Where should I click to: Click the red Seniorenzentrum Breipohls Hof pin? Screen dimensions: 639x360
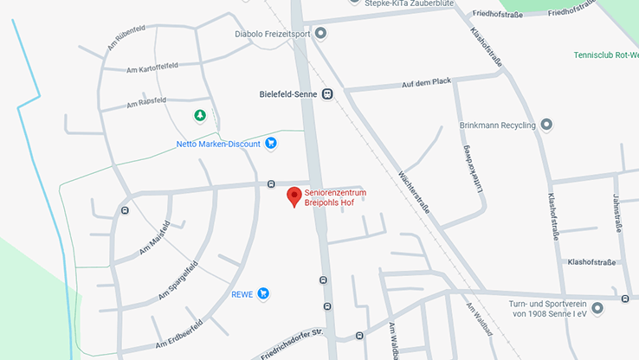click(294, 196)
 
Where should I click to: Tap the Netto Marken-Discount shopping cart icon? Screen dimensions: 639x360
click(271, 144)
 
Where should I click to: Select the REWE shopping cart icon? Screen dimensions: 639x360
click(263, 294)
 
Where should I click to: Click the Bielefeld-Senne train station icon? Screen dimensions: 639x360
click(326, 93)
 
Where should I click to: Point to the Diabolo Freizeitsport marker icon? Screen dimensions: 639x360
click(320, 34)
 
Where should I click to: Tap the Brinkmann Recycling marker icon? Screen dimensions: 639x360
click(545, 125)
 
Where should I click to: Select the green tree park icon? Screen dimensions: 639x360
click(200, 115)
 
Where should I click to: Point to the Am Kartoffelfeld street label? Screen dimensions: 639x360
click(157, 68)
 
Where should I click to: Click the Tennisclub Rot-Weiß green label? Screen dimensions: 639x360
click(606, 55)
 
